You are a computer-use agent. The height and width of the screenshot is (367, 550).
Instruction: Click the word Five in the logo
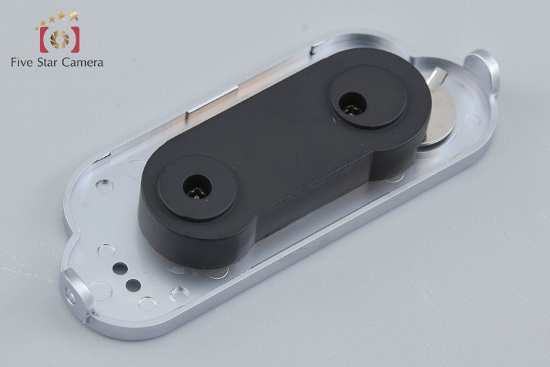23,62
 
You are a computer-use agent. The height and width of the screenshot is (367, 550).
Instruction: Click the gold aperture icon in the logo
59,39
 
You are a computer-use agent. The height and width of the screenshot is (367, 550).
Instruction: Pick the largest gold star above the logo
74,14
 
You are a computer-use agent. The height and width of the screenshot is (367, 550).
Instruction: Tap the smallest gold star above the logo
37,28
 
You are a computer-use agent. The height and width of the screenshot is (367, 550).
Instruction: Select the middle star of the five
52,19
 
